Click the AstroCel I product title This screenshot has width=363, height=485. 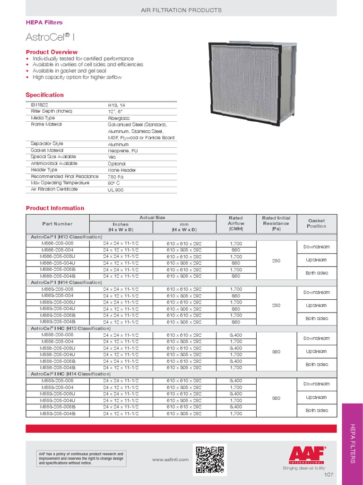tap(45, 37)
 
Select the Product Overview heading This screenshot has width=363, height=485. tap(52, 52)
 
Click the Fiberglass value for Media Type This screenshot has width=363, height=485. tap(119, 118)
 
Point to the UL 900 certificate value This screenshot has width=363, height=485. tap(116, 189)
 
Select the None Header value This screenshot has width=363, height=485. tap(122, 170)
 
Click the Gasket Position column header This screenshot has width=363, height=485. tap(316, 224)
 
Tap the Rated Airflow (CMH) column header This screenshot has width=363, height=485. tap(235, 224)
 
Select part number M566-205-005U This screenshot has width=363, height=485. tap(58, 257)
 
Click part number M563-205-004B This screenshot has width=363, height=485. tap(58, 322)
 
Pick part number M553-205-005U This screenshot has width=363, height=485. tap(58, 394)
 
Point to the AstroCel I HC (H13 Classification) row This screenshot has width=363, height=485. tap(71, 328)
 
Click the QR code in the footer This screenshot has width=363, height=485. tap(209, 459)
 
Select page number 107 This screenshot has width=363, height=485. tap(329, 475)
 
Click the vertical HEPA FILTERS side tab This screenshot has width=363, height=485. tap(352, 444)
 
